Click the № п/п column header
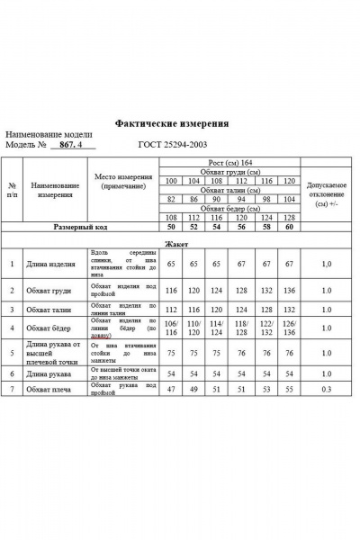(12, 188)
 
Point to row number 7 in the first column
(12, 387)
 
